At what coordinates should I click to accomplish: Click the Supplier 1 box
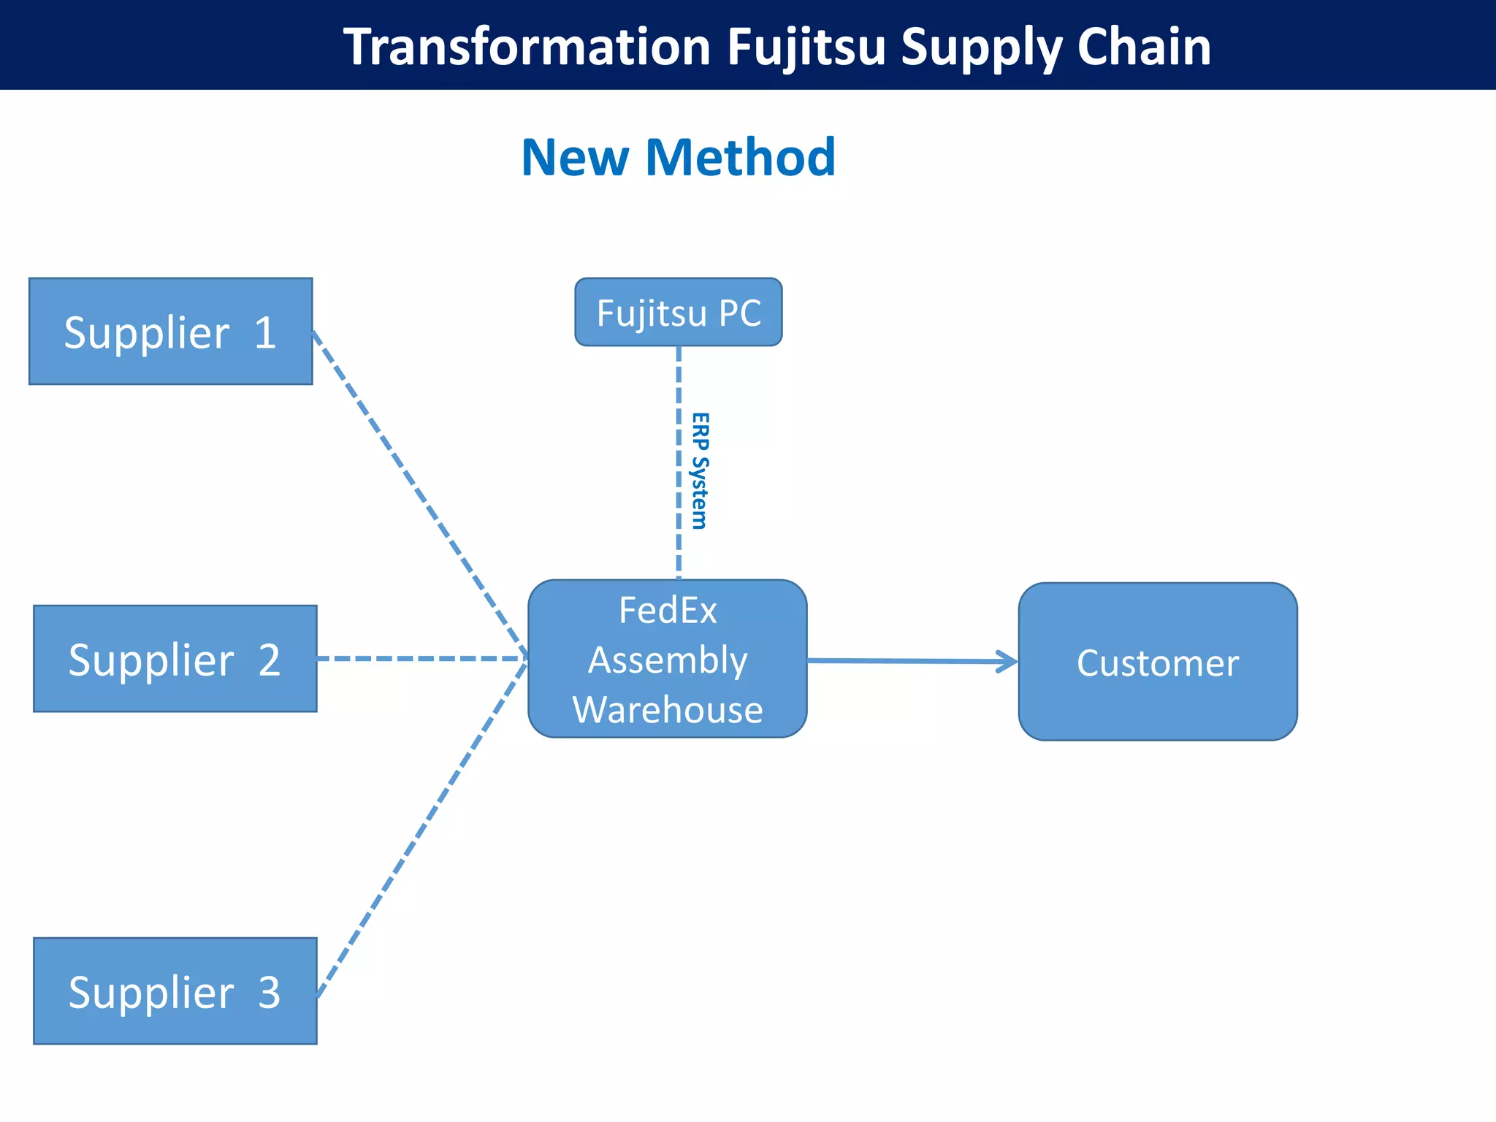170,331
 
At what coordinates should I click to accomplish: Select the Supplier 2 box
175,658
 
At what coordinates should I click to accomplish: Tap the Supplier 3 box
175,991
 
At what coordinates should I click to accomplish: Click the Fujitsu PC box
678,312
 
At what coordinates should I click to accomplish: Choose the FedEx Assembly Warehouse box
667,659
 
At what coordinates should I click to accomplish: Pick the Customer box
1157,662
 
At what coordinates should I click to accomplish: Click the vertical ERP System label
700,470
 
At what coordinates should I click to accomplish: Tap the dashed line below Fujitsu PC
679,460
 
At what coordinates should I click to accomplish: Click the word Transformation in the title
527,47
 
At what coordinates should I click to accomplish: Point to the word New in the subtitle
575,157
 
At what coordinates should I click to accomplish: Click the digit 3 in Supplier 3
270,992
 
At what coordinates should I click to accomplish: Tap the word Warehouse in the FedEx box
668,709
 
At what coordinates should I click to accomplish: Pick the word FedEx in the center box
668,610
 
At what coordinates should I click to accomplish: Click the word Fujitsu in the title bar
806,47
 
